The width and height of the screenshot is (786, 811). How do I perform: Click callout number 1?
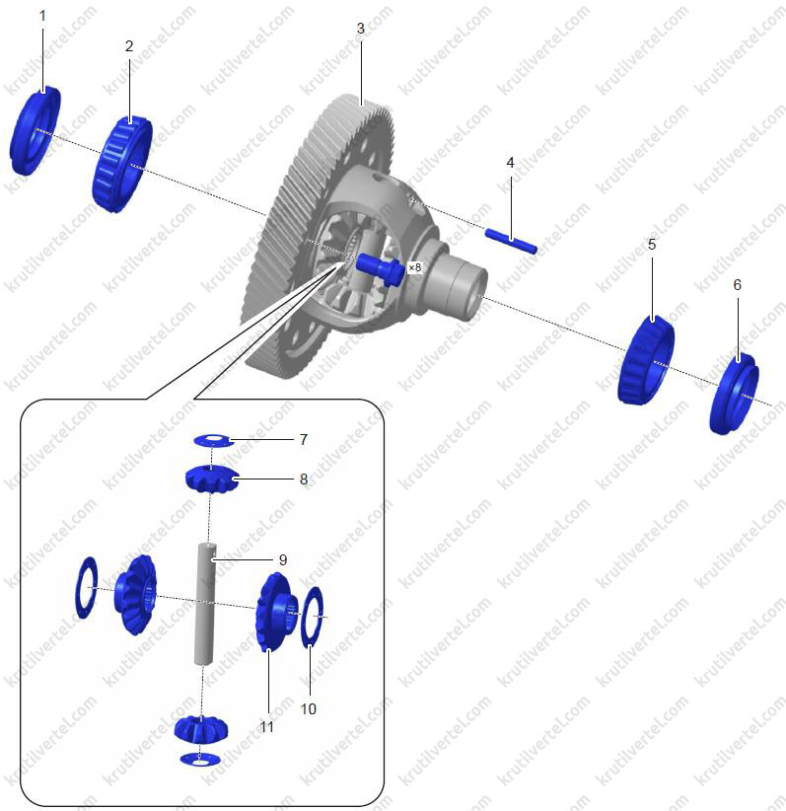(42, 16)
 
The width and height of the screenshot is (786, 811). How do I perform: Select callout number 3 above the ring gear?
(360, 29)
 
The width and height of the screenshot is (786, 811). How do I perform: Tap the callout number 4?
(511, 163)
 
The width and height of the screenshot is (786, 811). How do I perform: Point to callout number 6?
(738, 284)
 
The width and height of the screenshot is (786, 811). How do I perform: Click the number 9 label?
(283, 559)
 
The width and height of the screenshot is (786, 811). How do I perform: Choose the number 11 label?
(267, 727)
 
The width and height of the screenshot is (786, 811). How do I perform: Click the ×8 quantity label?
(415, 267)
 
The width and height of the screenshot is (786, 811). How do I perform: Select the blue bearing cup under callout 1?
(35, 131)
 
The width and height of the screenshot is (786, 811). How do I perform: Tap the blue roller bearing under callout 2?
(122, 164)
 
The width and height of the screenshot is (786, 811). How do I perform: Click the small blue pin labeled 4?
(511, 242)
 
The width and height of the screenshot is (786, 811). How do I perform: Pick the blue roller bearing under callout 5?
(646, 360)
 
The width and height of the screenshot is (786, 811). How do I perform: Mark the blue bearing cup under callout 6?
(735, 394)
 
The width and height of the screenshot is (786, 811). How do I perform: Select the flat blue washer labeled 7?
(212, 441)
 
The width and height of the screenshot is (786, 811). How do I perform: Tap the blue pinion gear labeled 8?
(212, 479)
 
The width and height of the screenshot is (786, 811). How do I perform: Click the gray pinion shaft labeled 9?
(204, 603)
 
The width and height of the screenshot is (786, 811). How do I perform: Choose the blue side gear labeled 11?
(276, 613)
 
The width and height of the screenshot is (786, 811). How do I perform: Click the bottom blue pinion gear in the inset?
(201, 728)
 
